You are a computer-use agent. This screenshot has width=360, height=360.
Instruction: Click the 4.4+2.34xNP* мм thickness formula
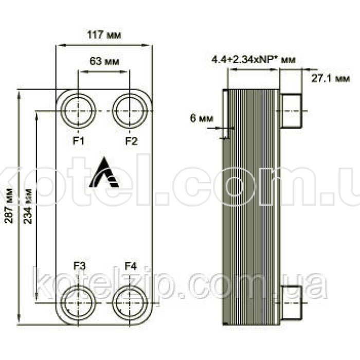[253, 60]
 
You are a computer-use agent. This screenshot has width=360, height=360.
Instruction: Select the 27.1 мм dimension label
[330, 78]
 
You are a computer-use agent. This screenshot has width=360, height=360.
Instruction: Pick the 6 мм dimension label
[201, 118]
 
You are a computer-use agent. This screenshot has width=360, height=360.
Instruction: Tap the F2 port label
[131, 141]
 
